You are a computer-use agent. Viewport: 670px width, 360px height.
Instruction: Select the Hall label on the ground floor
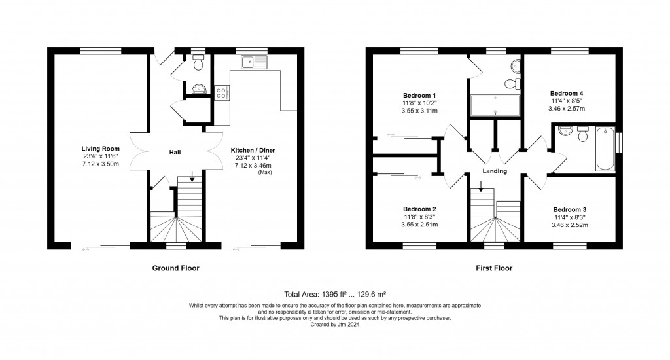click(x=175, y=153)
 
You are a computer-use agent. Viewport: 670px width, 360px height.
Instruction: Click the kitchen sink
click(x=253, y=63)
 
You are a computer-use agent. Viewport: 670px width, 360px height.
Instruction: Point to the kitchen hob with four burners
click(x=221, y=92)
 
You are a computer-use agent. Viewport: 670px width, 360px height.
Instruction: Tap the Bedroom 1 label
click(x=419, y=95)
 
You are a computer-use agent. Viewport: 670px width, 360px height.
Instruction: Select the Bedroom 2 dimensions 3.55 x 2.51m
click(x=419, y=225)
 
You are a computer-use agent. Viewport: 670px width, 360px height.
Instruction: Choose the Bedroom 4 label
click(x=568, y=93)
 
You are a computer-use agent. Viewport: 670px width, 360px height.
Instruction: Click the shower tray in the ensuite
click(x=495, y=105)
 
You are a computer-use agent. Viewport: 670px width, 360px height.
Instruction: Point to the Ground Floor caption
click(x=175, y=268)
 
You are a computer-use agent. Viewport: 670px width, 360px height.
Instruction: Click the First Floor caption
click(x=494, y=268)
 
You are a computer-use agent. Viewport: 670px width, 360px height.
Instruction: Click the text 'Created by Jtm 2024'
click(x=334, y=323)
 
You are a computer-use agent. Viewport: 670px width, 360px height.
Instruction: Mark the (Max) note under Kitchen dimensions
click(x=264, y=172)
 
